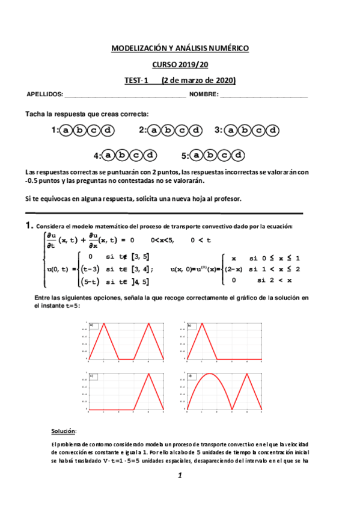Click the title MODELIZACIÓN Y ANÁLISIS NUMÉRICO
coord(180,48)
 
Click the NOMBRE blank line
coord(264,95)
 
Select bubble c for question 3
coord(258,130)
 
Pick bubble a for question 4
coord(108,155)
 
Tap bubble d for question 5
coord(239,155)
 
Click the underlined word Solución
coord(64,431)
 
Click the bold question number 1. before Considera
coord(28,226)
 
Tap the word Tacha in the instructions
coord(35,114)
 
